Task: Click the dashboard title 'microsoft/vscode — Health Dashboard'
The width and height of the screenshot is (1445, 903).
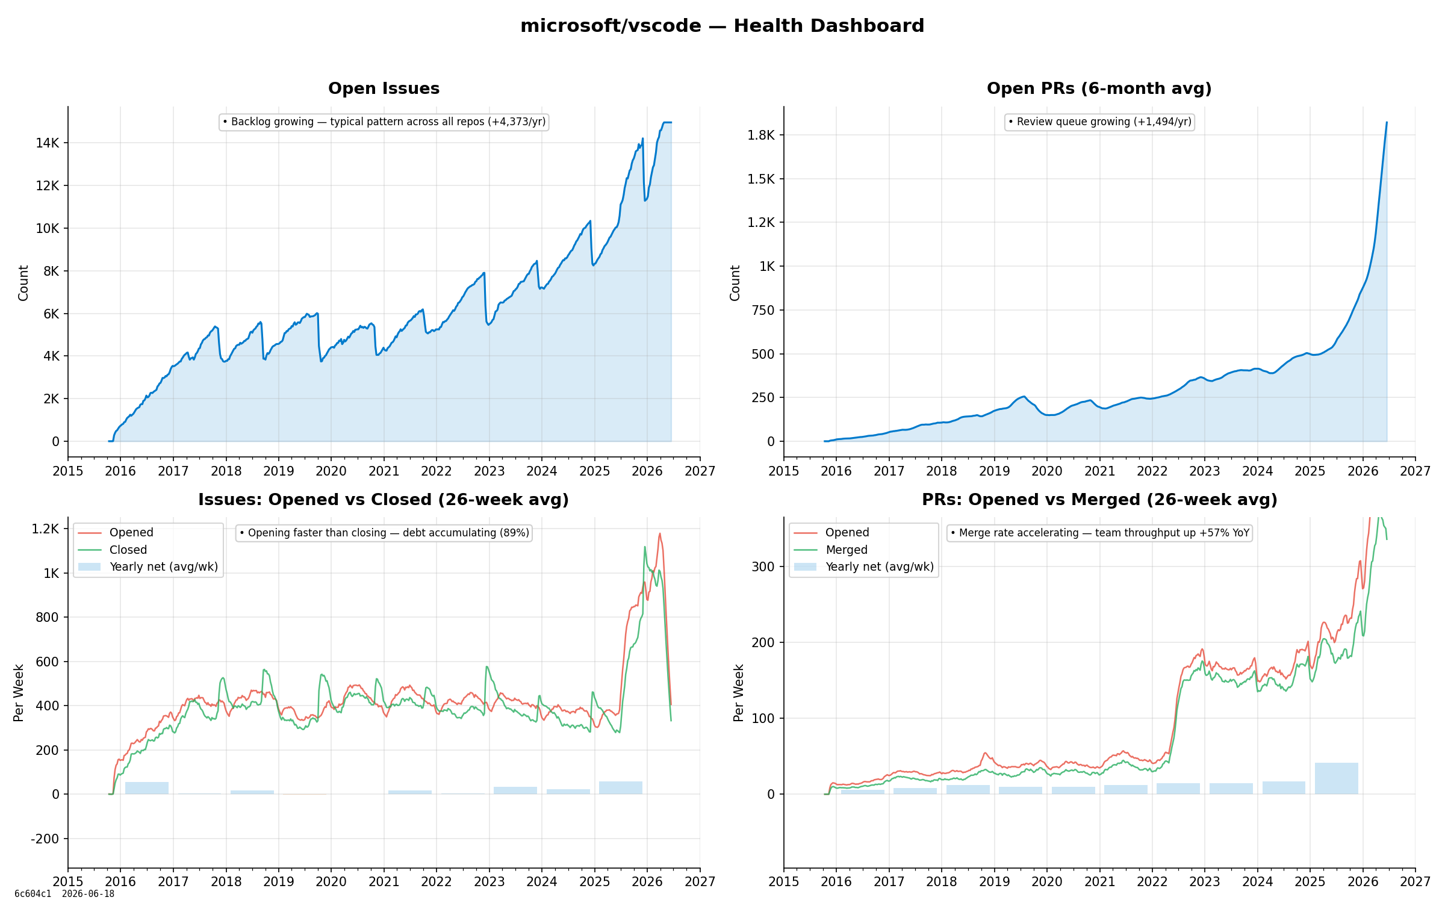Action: pyautogui.click(x=722, y=26)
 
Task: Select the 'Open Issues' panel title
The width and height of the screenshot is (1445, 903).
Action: pyautogui.click(x=384, y=88)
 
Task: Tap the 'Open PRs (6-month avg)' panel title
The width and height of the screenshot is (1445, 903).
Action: pyautogui.click(x=1099, y=88)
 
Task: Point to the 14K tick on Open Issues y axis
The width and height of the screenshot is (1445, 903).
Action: pyautogui.click(x=48, y=143)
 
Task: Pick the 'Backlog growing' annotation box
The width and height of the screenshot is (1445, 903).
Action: pyautogui.click(x=384, y=122)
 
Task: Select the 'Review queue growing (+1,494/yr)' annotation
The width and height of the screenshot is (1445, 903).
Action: pyautogui.click(x=1099, y=122)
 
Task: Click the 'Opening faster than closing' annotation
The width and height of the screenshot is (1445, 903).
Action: pyautogui.click(x=384, y=533)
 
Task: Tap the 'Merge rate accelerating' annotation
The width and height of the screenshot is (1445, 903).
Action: pyautogui.click(x=1099, y=533)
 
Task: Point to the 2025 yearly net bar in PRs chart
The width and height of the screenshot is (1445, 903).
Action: pyautogui.click(x=1336, y=778)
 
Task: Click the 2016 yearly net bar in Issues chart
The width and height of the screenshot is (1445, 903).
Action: pyautogui.click(x=147, y=788)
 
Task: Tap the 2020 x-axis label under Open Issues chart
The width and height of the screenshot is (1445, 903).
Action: pyautogui.click(x=331, y=471)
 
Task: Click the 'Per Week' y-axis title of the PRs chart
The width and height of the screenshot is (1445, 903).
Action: pyautogui.click(x=739, y=692)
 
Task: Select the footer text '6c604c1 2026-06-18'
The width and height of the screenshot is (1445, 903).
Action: pyautogui.click(x=64, y=894)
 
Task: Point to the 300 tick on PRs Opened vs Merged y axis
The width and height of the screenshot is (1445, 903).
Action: pyautogui.click(x=763, y=566)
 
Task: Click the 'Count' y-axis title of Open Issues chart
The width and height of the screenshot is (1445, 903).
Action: pyautogui.click(x=23, y=283)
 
